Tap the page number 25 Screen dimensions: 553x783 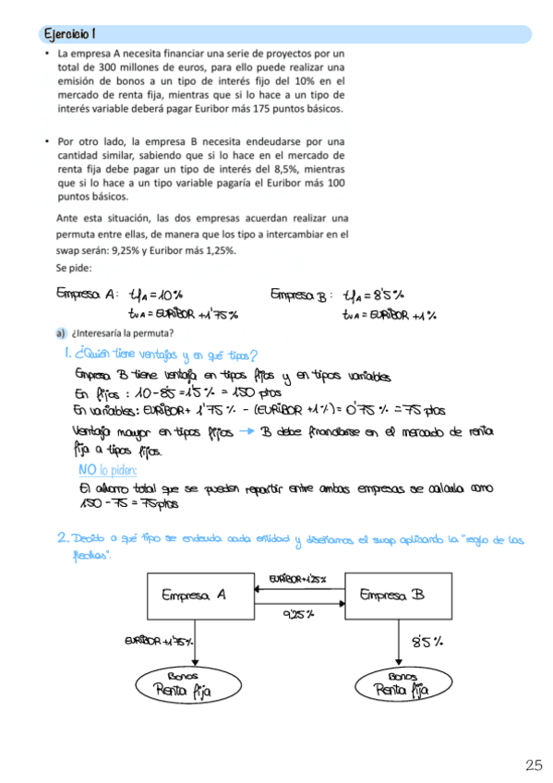[x=534, y=765]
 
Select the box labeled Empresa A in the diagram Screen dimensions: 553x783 [x=195, y=596]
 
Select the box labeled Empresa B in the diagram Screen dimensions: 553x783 [x=393, y=596]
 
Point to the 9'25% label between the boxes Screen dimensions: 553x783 [x=297, y=613]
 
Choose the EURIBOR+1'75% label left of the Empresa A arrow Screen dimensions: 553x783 [x=158, y=641]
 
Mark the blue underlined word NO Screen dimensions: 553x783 [x=88, y=469]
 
